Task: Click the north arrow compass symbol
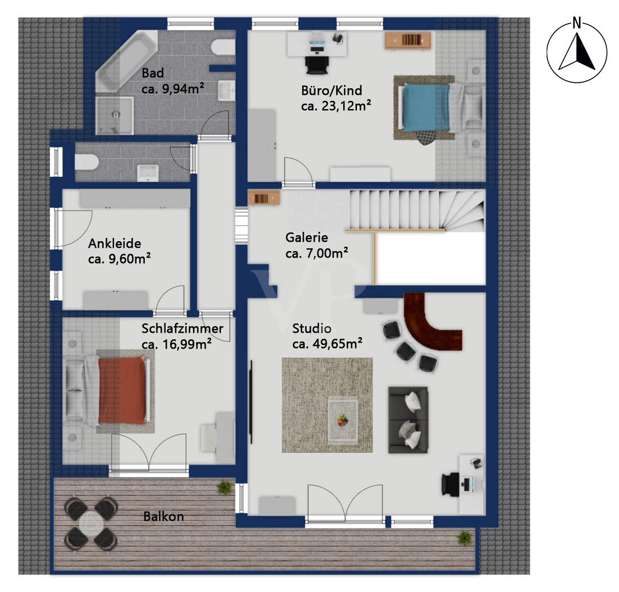click(x=577, y=53)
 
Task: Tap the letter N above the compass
click(x=577, y=22)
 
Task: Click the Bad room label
click(x=152, y=73)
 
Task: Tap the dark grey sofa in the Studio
click(x=408, y=419)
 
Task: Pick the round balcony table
click(x=91, y=523)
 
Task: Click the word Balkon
click(x=163, y=516)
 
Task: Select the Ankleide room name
click(x=115, y=243)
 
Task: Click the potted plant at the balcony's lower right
click(x=465, y=538)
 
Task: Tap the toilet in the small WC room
click(x=87, y=162)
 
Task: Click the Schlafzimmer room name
click(x=183, y=328)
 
